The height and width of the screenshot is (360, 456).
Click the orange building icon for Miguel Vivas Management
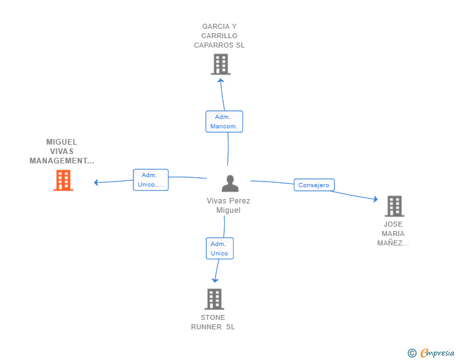[63, 180]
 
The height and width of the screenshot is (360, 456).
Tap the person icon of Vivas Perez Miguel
[231, 183]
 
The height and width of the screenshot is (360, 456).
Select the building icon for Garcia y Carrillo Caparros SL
[220, 64]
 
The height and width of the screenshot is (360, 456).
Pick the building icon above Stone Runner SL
[214, 299]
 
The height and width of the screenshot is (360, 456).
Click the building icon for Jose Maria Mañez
[394, 206]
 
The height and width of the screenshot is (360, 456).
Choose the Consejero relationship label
[314, 185]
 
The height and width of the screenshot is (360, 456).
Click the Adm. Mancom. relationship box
[224, 121]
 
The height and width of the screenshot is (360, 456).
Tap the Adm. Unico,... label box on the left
[150, 180]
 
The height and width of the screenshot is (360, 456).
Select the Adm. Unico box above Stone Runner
[219, 248]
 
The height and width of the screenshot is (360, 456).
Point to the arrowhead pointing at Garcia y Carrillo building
[220, 80]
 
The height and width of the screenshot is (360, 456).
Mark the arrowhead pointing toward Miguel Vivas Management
[96, 183]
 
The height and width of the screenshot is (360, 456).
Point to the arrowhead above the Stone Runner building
[215, 280]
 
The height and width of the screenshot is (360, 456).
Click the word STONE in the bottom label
[213, 317]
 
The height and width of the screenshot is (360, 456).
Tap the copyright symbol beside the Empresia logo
[412, 353]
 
